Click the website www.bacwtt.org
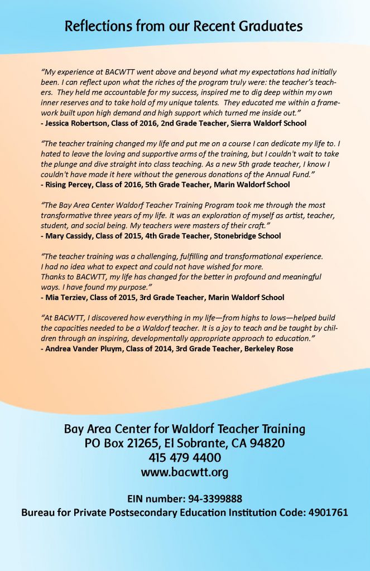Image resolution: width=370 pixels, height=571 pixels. point(185,472)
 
